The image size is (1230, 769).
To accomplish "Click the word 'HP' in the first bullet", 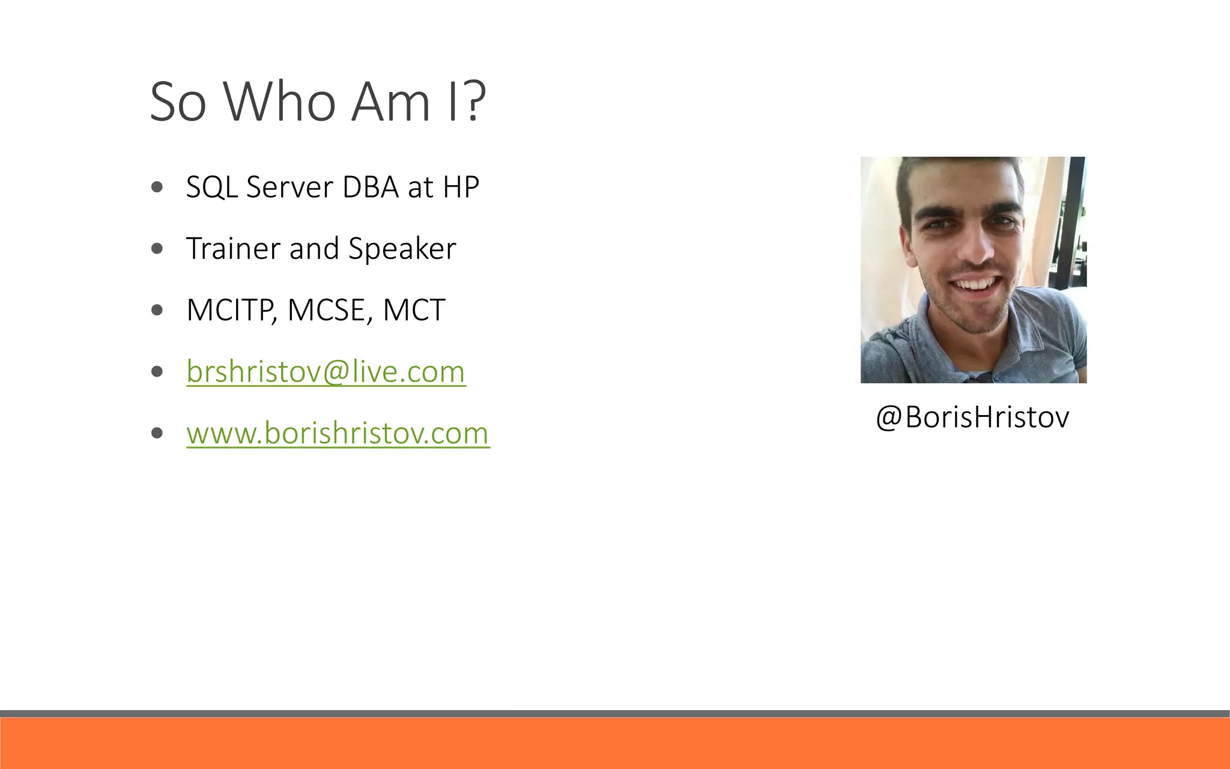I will click(x=461, y=187).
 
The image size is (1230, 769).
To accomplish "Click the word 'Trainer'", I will click(x=233, y=249).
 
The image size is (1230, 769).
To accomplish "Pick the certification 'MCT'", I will click(x=414, y=311).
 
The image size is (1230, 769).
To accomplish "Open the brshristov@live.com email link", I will click(x=326, y=372).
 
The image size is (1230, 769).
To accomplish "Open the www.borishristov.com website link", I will click(x=338, y=433).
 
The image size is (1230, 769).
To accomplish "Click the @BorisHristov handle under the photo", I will click(x=972, y=417).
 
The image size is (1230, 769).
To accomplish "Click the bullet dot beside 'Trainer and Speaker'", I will click(x=157, y=249).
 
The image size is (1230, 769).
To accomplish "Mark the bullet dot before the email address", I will click(x=157, y=372).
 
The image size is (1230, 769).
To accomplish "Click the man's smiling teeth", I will click(x=977, y=283).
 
